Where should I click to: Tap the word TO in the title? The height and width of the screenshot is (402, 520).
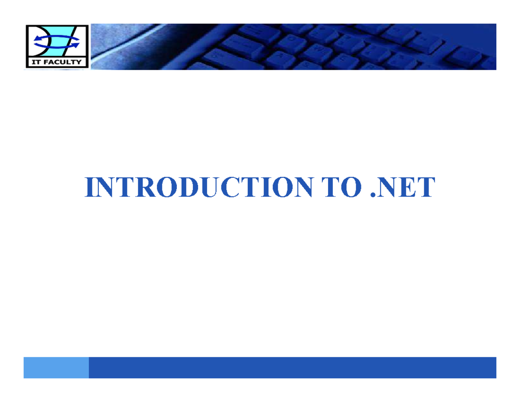pyautogui.click(x=342, y=187)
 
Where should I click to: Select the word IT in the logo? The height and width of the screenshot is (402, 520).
pyautogui.click(x=36, y=62)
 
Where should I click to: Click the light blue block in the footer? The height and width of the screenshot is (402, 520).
pyautogui.click(x=56, y=367)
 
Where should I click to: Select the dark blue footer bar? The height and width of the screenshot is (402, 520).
pyautogui.click(x=292, y=367)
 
